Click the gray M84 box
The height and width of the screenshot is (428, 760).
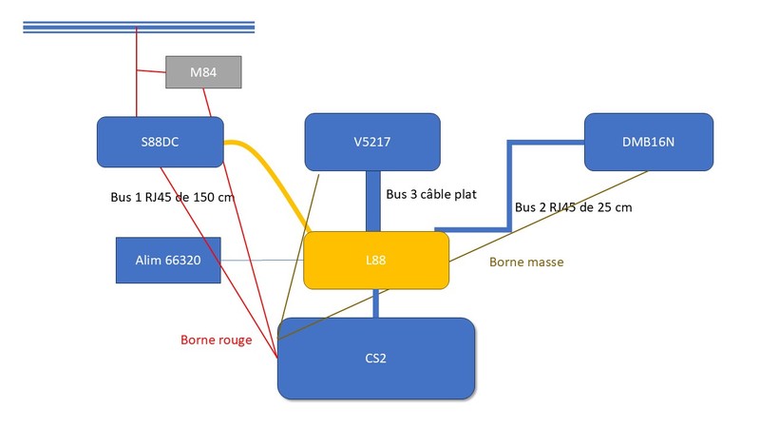coord(203,72)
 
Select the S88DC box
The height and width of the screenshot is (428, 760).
coord(160,142)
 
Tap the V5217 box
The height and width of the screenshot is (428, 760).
coord(371,142)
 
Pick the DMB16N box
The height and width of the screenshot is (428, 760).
coord(648,142)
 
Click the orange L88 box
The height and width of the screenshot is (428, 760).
coord(375,260)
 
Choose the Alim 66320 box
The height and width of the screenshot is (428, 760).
coord(168,260)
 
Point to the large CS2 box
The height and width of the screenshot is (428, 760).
coord(375,358)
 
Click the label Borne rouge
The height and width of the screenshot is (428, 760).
coord(216,340)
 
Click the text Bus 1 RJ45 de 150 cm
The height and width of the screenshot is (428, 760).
coord(172,198)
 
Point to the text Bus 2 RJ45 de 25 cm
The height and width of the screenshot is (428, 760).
coord(573,206)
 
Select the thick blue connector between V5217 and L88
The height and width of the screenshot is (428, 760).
coord(372,201)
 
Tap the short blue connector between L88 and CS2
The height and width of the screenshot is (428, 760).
coord(376,302)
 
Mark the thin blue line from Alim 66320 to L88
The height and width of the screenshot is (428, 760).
coord(261,261)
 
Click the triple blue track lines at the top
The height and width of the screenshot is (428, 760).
coord(139,26)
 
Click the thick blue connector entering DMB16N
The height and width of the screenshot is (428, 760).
coord(546,144)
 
